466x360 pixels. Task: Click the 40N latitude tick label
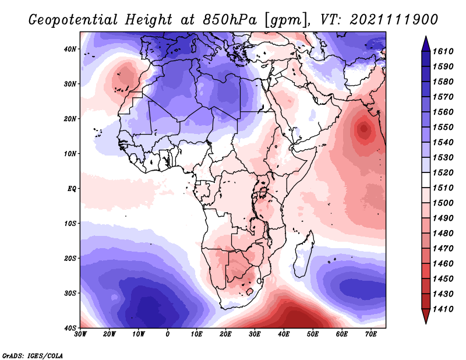tap(70, 49)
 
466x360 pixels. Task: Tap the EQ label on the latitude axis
tap(72, 189)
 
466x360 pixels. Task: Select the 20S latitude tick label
tap(70, 258)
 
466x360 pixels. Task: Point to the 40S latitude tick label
tap(70, 328)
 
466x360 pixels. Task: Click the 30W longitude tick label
tap(80, 334)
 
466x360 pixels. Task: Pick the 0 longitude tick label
tap(168, 334)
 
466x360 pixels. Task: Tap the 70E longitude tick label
tap(371, 334)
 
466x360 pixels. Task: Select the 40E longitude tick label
tap(284, 334)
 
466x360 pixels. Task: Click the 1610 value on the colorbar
tap(443, 51)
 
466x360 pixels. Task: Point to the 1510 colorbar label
tap(443, 188)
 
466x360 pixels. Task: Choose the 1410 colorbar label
tap(443, 309)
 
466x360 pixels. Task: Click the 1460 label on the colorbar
tap(443, 264)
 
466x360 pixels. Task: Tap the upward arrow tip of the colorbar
tap(426, 37)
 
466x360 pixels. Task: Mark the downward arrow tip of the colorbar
tap(426, 323)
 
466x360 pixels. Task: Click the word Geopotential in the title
tap(73, 20)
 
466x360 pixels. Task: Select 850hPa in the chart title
tap(229, 20)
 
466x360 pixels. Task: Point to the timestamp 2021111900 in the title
tap(394, 20)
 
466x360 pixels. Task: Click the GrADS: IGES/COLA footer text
tap(33, 355)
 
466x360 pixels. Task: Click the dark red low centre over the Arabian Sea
tap(363, 129)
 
